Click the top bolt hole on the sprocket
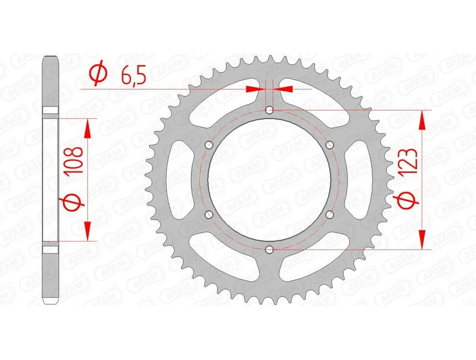point(270,110)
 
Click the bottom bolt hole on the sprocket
point(270,249)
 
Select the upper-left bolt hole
point(208,145)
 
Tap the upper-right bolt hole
point(331,145)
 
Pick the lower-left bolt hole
point(208,214)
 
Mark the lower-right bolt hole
point(331,214)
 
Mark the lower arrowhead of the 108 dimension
point(87,232)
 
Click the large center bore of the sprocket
point(270,180)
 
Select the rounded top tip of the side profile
point(51,58)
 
